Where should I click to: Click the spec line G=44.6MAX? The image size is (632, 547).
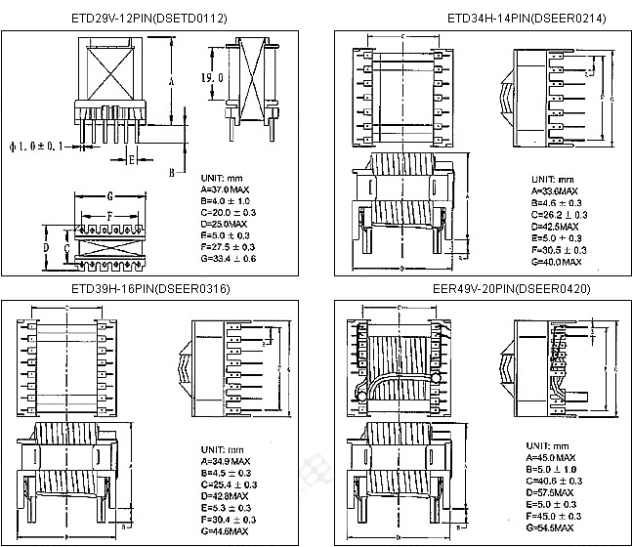224,530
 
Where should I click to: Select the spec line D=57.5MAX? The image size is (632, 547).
556,493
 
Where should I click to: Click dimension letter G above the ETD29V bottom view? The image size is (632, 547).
110,196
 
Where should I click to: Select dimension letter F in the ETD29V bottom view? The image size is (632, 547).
110,215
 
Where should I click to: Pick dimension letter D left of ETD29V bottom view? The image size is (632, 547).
45,248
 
